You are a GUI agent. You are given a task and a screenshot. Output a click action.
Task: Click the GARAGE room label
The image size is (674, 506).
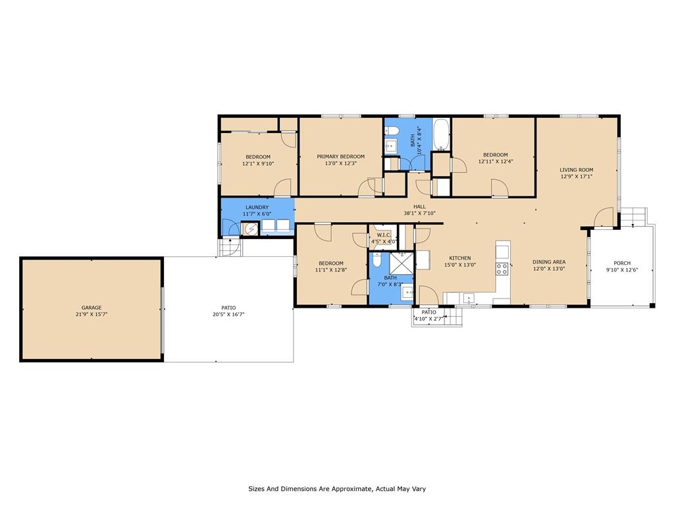pos(91,308)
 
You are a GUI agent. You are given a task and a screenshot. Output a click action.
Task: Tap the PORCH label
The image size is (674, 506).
pos(622,263)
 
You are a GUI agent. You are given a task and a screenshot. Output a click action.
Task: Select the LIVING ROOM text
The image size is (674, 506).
pos(577,169)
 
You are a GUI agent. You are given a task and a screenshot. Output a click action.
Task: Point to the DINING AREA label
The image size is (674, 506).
pos(549,262)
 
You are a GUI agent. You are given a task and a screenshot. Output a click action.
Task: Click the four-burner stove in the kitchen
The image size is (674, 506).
pos(502,269)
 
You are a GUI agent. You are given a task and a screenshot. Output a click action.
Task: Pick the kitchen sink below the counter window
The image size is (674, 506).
pos(469,298)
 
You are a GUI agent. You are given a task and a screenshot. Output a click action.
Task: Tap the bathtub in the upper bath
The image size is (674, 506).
pos(441,134)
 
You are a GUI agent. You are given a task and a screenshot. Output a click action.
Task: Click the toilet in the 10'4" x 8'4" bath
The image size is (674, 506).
pos(391,130)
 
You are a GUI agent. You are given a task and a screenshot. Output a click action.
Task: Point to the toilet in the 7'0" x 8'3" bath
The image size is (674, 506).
pos(377,260)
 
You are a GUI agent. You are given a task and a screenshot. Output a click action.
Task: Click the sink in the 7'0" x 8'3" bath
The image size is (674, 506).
pos(407,293)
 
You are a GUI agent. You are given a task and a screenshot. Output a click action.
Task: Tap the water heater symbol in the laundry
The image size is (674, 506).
pos(250,229)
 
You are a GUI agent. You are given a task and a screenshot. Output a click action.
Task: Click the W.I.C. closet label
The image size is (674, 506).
pos(384,235)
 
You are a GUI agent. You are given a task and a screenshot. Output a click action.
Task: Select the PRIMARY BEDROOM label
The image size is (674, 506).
pos(340,157)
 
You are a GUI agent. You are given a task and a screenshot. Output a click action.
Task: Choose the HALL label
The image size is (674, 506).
pos(419,206)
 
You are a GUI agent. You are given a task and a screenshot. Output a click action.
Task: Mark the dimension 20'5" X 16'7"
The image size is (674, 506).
pos(228,314)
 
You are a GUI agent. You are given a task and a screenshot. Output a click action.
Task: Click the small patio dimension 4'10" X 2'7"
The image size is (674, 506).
pos(428,319)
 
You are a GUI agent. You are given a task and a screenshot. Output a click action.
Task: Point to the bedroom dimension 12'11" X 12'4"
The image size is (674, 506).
pos(495,161)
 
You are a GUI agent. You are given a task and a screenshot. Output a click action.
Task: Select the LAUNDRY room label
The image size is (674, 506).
pos(257,208)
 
